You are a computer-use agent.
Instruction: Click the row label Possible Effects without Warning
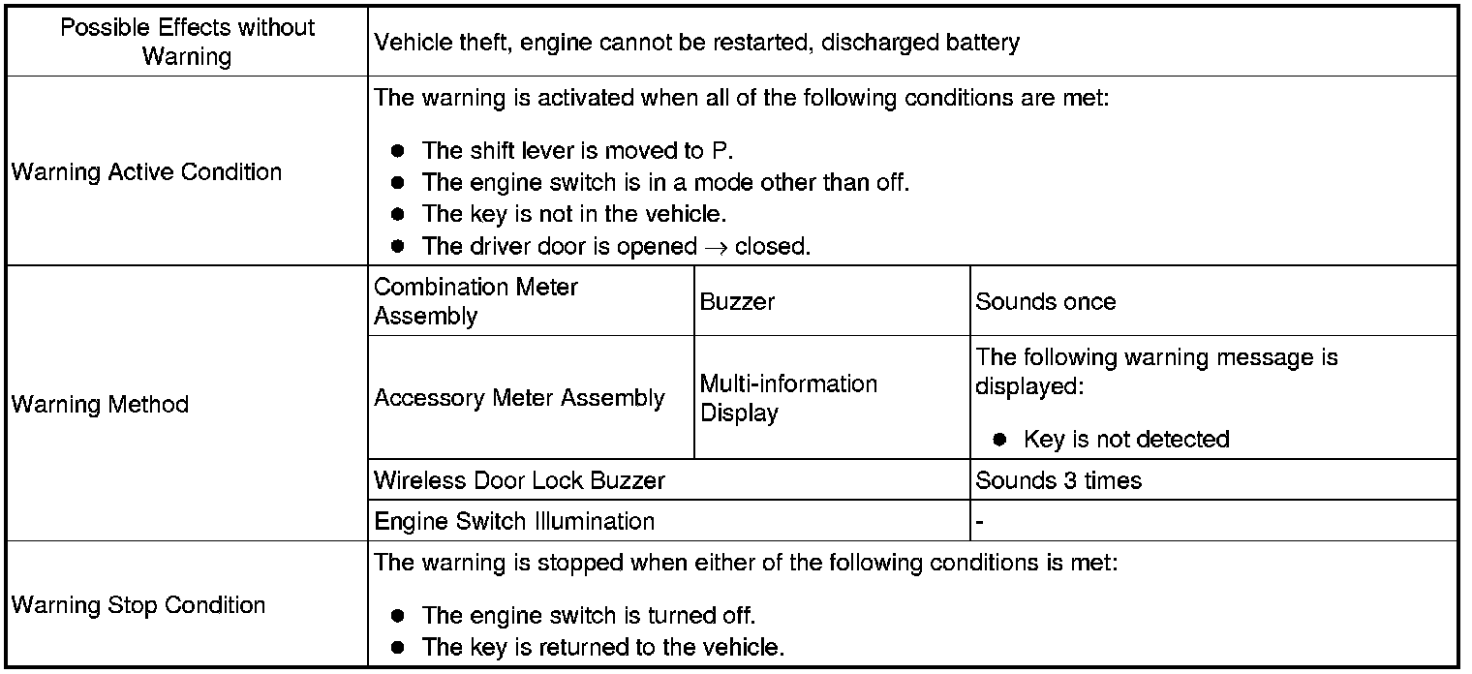pyautogui.click(x=187, y=42)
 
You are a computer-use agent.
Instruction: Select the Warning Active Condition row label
pyautogui.click(x=146, y=172)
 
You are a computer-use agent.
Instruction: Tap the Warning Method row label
pyautogui.click(x=100, y=404)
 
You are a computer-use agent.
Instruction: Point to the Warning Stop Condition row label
pyautogui.click(x=138, y=605)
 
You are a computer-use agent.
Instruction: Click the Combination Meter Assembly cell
pyautogui.click(x=475, y=301)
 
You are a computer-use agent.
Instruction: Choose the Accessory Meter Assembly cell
pyautogui.click(x=519, y=398)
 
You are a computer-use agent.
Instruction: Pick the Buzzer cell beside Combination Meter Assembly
pyautogui.click(x=737, y=301)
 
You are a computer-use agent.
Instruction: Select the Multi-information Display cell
pyautogui.click(x=788, y=398)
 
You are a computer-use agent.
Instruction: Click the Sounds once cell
pyautogui.click(x=1045, y=301)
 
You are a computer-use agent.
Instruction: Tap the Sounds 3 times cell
pyautogui.click(x=1058, y=480)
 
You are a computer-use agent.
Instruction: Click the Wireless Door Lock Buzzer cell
pyautogui.click(x=520, y=480)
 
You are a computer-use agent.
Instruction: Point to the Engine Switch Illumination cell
pyautogui.click(x=514, y=521)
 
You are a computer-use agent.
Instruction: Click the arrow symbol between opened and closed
pyautogui.click(x=716, y=247)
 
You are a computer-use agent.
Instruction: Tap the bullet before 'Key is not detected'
pyautogui.click(x=1000, y=440)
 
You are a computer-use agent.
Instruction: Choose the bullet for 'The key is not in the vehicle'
pyautogui.click(x=397, y=214)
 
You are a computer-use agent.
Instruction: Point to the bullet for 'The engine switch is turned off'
pyautogui.click(x=397, y=616)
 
